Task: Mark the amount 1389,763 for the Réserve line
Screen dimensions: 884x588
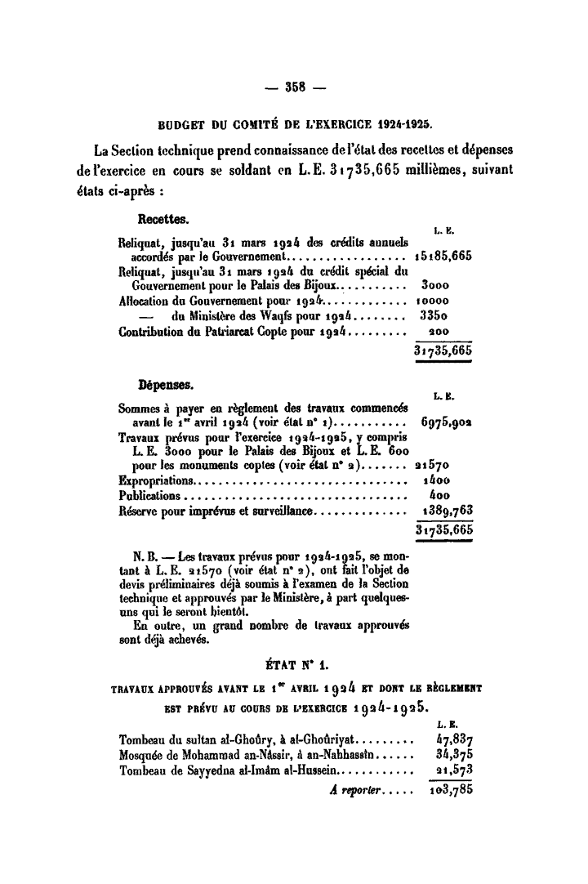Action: click(444, 511)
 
